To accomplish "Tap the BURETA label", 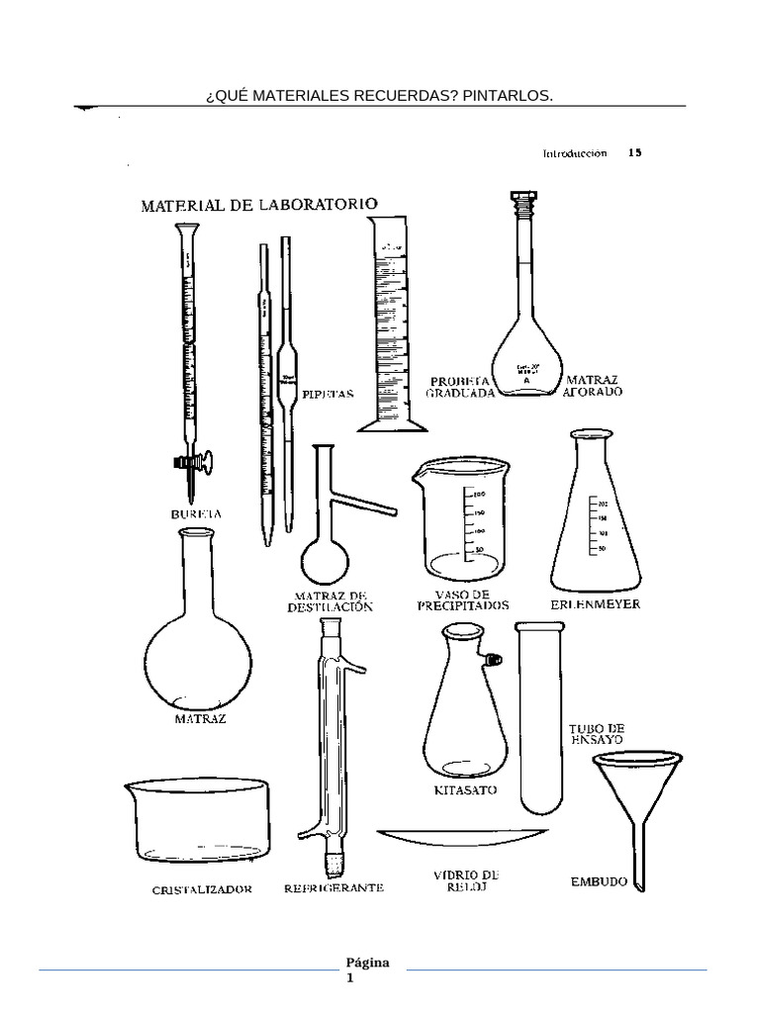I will point(194,514).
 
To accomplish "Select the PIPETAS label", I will point(327,393).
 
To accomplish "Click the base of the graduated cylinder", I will point(393,426).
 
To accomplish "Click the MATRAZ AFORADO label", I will point(593,386).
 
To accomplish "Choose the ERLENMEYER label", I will point(595,603).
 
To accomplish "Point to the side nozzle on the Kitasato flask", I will point(492,658).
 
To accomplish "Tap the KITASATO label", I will point(465,790).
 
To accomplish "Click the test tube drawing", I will point(540,712).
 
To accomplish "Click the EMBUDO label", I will point(599,881).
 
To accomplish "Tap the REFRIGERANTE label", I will point(333,888).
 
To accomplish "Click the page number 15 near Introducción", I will point(634,153).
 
